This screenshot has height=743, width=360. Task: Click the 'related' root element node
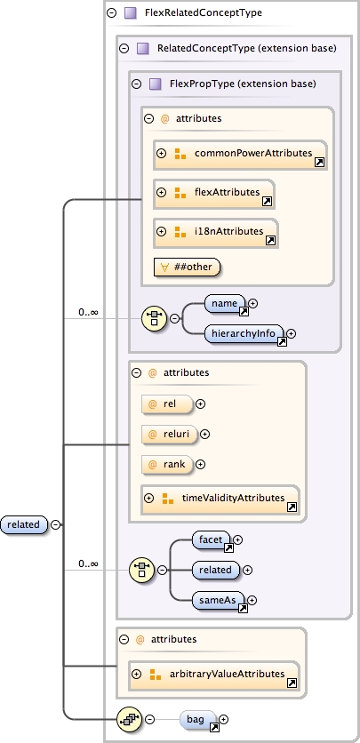[x=24, y=524]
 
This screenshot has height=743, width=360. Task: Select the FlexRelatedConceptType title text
[x=203, y=13]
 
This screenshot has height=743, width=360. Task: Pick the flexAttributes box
[x=213, y=193]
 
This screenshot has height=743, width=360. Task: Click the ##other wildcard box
[x=188, y=266]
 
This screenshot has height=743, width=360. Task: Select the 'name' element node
[x=225, y=304]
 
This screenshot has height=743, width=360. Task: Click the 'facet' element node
[x=212, y=539]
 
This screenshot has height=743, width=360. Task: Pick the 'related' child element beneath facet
[x=215, y=570]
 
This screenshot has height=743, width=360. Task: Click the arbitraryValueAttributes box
[x=213, y=675]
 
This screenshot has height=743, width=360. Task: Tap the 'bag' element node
[x=198, y=718]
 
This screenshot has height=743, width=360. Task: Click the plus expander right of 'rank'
[x=200, y=464]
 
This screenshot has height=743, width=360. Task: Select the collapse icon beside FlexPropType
[x=137, y=84]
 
